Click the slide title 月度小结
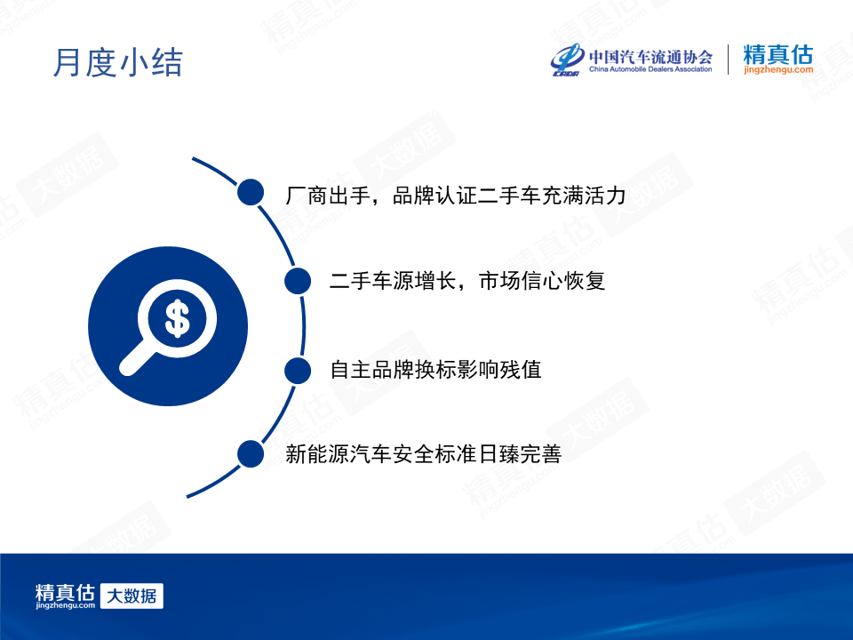click(x=117, y=62)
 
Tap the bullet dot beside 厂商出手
click(x=251, y=192)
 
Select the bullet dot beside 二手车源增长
click(x=298, y=281)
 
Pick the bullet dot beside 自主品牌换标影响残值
click(x=298, y=370)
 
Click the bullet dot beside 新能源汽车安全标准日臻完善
click(x=251, y=454)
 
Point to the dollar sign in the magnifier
click(x=178, y=318)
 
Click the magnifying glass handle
click(x=136, y=358)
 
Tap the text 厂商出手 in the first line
click(x=328, y=196)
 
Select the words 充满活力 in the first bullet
click(x=584, y=196)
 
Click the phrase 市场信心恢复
click(x=542, y=281)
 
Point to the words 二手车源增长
click(x=393, y=281)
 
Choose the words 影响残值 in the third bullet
click(x=499, y=370)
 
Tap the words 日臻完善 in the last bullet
click(x=520, y=454)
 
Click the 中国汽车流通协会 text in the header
click(x=650, y=57)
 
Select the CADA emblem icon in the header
click(x=568, y=60)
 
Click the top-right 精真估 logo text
click(x=778, y=54)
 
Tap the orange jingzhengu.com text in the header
click(x=778, y=69)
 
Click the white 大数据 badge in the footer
click(x=132, y=596)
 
